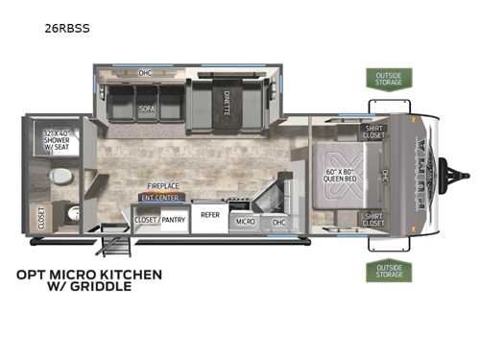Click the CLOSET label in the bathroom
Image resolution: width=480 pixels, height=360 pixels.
tap(40, 218)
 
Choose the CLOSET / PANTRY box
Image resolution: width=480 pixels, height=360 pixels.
tap(159, 220)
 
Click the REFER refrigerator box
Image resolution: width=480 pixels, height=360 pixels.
tap(209, 215)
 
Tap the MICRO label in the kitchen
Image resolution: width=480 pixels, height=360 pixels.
tap(245, 222)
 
